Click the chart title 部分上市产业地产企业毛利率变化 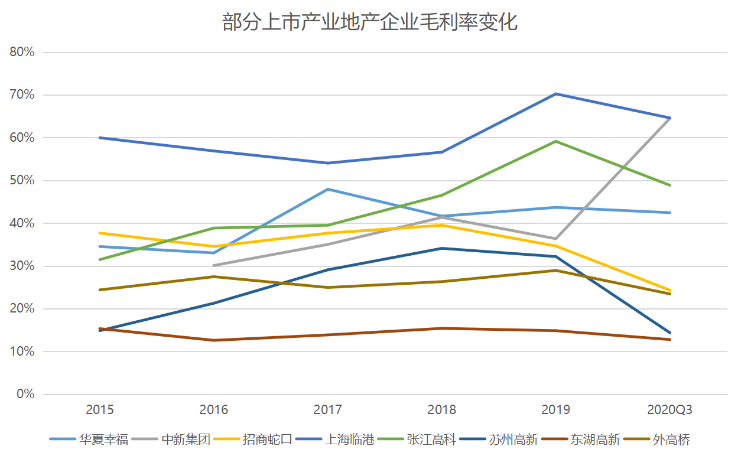370,22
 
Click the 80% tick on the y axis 22,52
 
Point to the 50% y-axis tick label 22,180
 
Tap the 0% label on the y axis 25,394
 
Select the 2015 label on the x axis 100,410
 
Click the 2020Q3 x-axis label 669,410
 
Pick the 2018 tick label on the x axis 441,410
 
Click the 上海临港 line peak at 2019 555,94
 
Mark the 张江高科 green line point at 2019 555,141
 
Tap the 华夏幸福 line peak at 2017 328,189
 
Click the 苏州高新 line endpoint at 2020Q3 669,333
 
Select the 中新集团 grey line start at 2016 214,265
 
